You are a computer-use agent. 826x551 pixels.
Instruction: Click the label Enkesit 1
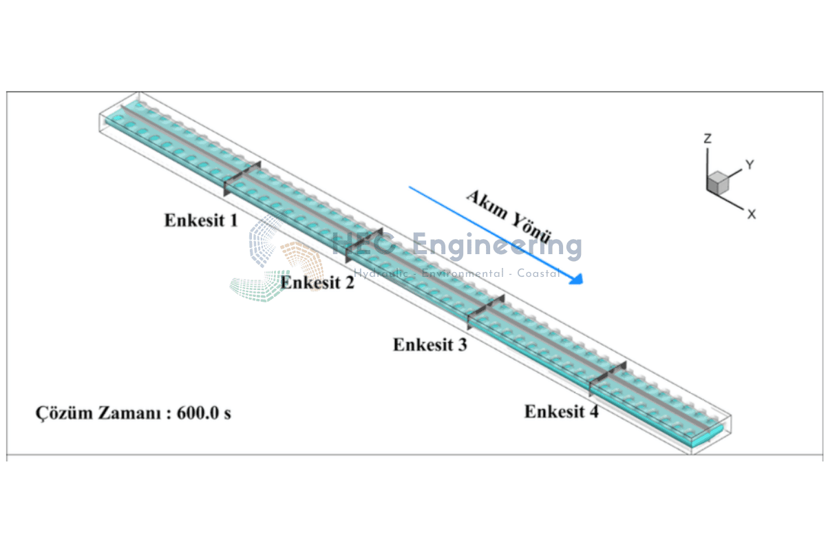pos(201,220)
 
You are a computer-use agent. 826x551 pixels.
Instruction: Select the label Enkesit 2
pos(317,282)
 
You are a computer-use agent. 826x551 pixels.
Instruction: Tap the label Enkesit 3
pos(430,344)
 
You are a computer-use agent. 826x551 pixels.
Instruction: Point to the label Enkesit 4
pos(561,412)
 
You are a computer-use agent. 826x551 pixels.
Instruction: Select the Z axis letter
pos(707,139)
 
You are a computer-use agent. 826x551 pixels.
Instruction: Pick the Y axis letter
pos(750,165)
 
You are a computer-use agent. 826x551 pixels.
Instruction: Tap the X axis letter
pos(752,214)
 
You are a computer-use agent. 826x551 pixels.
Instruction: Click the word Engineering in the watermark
pos(496,245)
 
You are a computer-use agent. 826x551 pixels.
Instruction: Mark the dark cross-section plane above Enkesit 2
pos(363,245)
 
